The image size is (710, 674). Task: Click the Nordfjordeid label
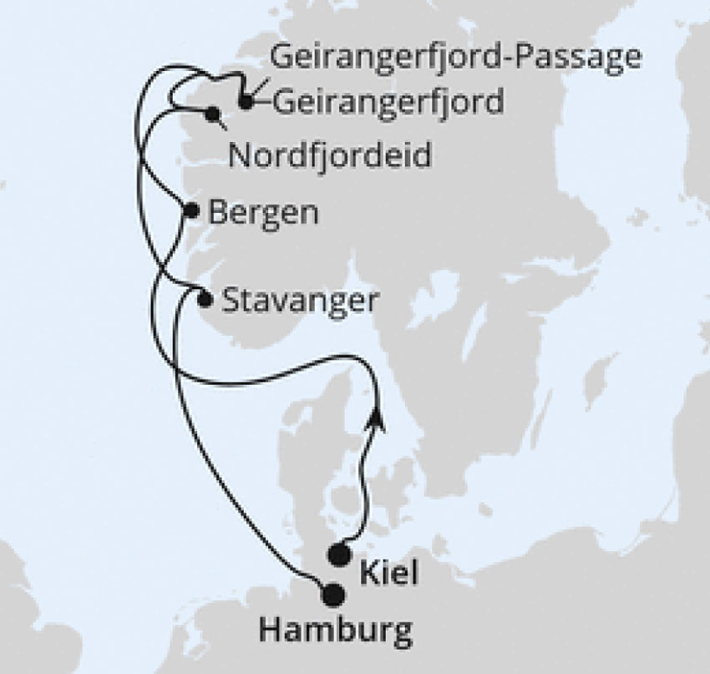(x=330, y=156)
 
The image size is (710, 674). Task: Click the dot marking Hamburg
(x=333, y=595)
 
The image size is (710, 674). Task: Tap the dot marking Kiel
(x=339, y=553)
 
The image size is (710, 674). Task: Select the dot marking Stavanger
(x=205, y=299)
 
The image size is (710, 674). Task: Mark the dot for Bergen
(x=191, y=210)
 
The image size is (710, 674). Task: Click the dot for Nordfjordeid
(x=214, y=114)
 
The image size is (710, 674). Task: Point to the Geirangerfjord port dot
(x=245, y=102)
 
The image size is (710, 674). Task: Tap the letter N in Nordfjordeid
(x=237, y=156)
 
